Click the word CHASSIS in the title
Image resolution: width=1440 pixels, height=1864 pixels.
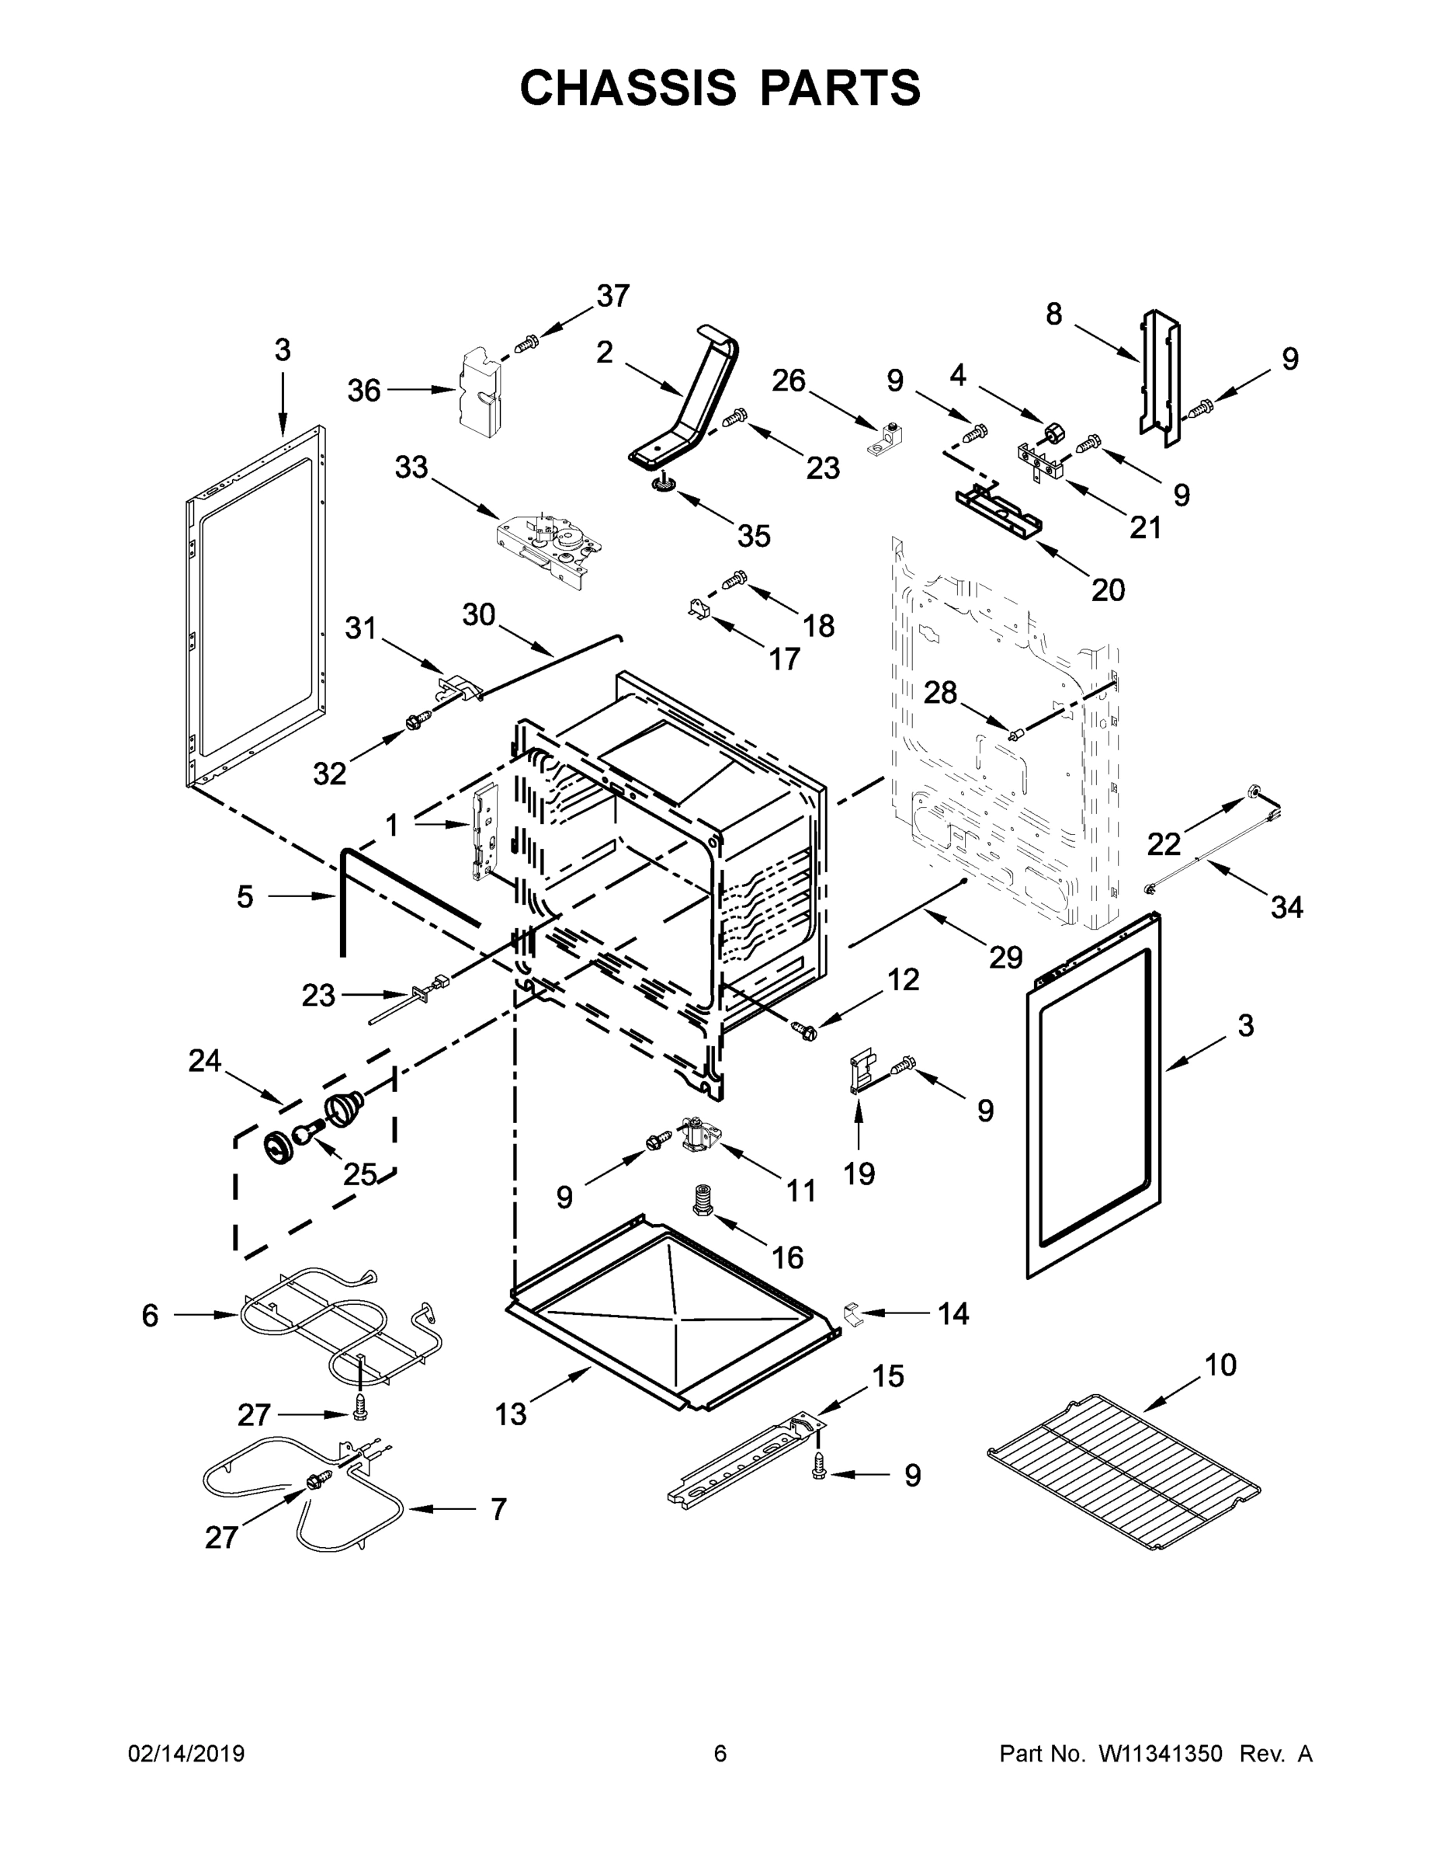point(628,87)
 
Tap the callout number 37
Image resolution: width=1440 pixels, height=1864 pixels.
point(612,296)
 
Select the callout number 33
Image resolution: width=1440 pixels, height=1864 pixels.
point(411,467)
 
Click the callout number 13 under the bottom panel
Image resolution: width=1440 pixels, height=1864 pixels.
point(511,1414)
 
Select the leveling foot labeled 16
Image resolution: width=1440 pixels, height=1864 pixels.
point(704,1202)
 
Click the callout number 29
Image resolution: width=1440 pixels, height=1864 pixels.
point(1006,958)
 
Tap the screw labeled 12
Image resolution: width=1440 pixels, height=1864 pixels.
point(803,1031)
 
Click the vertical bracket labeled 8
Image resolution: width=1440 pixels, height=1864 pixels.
point(1161,376)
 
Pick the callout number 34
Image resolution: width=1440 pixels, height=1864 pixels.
point(1286,907)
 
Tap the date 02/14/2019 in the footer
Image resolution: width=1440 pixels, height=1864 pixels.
point(186,1754)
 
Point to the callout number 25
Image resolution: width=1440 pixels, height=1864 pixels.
point(359,1174)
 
